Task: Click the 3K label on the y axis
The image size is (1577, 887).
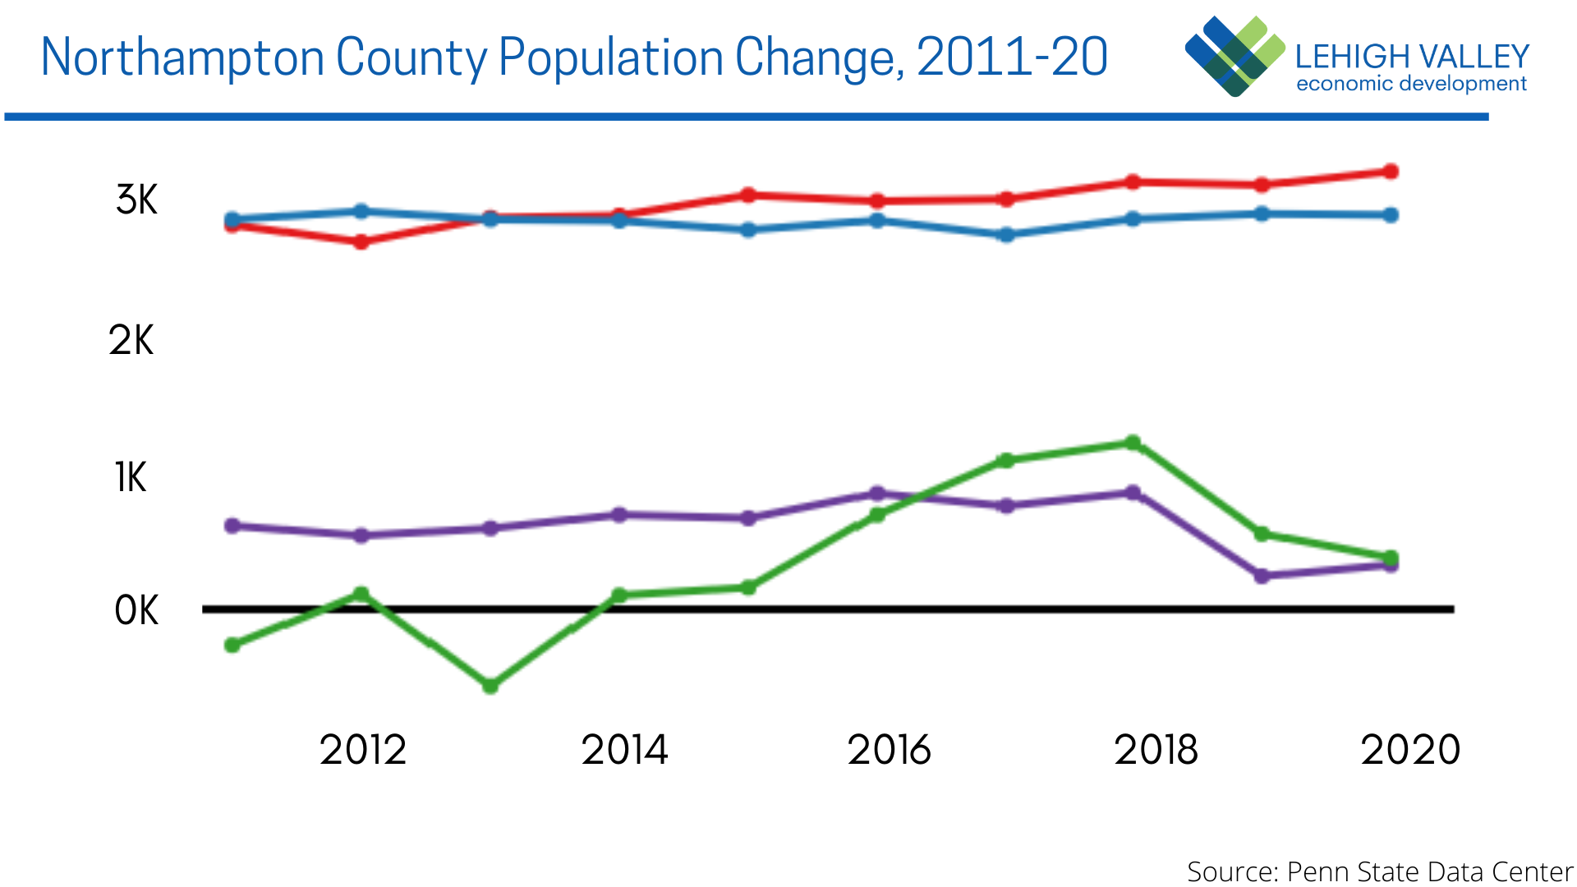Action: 136,200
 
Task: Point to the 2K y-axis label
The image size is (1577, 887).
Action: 131,340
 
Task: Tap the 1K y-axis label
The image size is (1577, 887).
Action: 131,478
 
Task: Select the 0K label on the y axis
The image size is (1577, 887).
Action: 136,611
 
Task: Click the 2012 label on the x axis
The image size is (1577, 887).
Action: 363,750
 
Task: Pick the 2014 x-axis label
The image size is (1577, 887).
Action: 625,750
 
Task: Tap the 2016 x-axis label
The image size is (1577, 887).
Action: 890,750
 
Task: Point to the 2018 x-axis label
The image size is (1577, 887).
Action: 1156,750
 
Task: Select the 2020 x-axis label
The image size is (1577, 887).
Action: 1410,750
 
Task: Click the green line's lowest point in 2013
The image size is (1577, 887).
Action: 490,686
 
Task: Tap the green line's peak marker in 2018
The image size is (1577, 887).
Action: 1133,443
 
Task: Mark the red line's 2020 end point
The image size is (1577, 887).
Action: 1391,172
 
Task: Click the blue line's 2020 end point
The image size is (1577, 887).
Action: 1391,215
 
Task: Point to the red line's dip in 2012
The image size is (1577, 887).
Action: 361,242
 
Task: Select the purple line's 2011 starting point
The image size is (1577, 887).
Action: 232,526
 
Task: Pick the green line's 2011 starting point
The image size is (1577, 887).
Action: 232,646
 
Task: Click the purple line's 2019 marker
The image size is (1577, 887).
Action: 1262,576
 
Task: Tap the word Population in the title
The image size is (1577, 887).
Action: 611,57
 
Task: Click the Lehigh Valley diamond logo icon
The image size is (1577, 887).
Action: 1234,56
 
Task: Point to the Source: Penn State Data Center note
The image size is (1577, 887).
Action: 1379,871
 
